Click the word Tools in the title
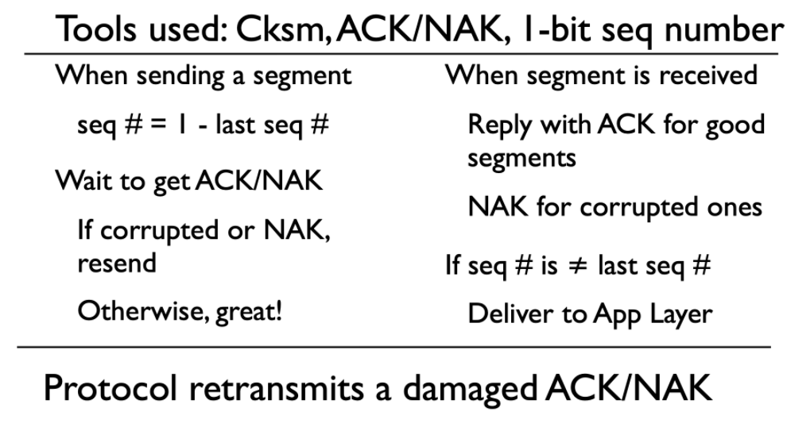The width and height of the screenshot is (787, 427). pyautogui.click(x=96, y=29)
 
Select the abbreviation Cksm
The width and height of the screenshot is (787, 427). pyautogui.click(x=282, y=29)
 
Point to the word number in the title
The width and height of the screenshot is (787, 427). pyautogui.click(x=723, y=29)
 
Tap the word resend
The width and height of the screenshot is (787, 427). pyautogui.click(x=117, y=263)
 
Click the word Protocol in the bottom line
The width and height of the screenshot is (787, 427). pyautogui.click(x=110, y=387)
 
